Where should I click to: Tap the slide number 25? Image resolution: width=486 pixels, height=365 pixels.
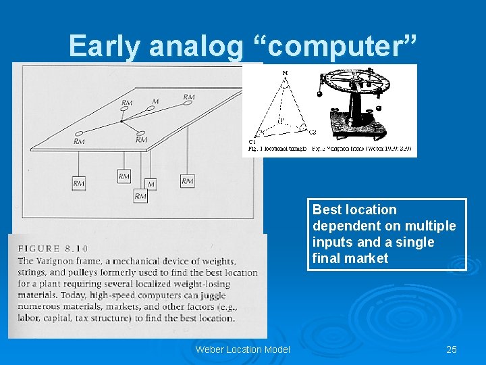[x=452, y=349]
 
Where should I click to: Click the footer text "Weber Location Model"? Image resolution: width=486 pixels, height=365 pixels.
[x=242, y=349]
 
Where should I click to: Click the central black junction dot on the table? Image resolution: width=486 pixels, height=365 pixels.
[x=121, y=122]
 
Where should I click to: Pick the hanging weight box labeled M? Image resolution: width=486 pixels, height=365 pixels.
[x=151, y=184]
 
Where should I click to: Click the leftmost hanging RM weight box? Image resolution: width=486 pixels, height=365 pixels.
[x=79, y=183]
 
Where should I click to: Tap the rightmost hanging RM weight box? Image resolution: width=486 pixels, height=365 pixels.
[x=187, y=180]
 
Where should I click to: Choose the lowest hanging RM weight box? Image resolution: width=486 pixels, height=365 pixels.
[x=140, y=196]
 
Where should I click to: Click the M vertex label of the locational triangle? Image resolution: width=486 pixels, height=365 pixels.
[x=284, y=72]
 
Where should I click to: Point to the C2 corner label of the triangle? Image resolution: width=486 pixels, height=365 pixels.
[x=312, y=132]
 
